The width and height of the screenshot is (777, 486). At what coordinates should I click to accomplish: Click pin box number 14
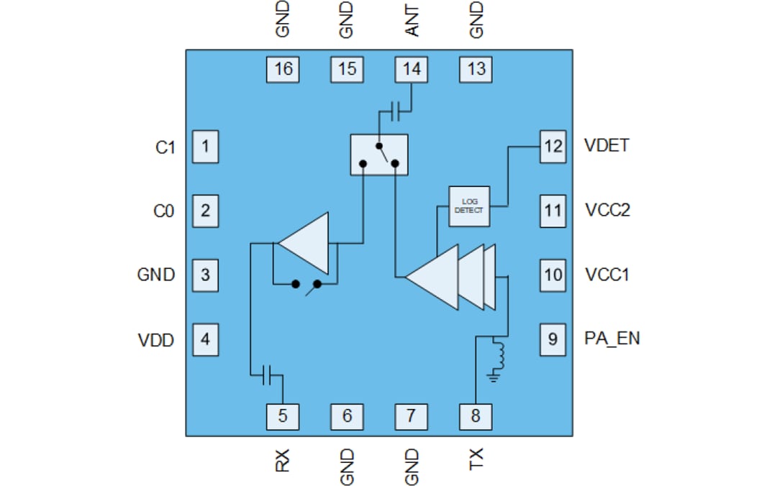412,69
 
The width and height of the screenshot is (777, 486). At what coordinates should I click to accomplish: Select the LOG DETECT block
469,207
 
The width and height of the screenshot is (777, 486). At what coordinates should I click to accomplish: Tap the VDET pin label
606,145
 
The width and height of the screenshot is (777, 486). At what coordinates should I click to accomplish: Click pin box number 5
283,415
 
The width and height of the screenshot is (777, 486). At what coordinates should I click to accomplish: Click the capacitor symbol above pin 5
267,374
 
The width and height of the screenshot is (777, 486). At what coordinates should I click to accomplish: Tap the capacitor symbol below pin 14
395,111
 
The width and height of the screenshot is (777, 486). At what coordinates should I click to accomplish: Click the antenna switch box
379,155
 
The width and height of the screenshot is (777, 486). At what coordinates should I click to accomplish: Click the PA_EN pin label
612,338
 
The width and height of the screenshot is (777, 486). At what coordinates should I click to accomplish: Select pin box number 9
553,338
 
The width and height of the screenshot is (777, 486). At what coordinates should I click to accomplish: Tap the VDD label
156,340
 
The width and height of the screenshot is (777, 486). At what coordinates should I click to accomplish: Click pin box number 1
205,147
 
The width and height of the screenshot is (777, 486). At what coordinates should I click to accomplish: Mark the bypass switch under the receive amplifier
306,285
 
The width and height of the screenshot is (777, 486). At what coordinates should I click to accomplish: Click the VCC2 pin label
608,211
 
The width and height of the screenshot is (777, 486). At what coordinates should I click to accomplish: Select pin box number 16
283,69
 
